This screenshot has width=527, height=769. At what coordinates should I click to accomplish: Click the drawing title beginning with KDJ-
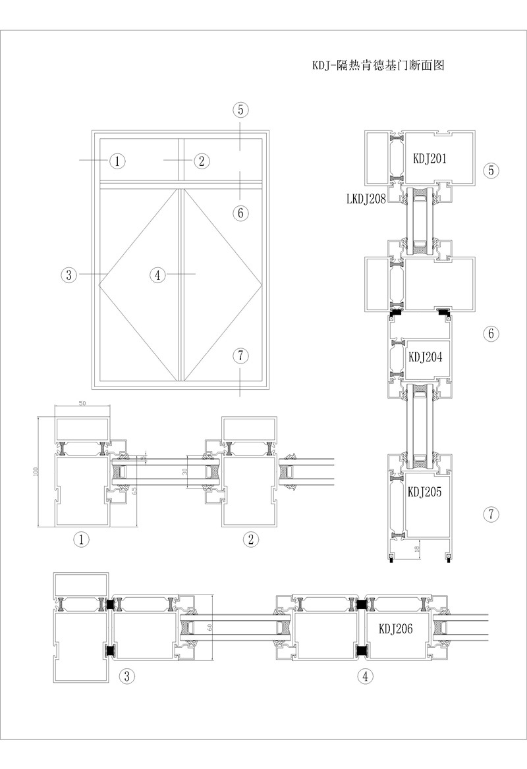380,66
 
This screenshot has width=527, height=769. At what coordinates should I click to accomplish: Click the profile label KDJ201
430,159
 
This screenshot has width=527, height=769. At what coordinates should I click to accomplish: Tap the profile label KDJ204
425,358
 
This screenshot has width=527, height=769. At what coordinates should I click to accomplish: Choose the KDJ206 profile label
395,629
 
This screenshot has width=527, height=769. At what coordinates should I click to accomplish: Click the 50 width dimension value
82,403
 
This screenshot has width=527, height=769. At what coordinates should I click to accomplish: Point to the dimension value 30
185,471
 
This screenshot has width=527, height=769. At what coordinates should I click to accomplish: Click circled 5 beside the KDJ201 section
491,171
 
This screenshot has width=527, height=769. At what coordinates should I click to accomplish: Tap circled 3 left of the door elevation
69,275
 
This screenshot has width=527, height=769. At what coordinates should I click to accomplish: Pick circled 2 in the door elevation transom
202,160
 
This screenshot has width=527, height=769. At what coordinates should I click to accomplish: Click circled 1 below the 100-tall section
82,541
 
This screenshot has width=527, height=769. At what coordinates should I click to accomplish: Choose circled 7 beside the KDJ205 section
491,514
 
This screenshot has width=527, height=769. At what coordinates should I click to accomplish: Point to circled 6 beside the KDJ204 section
491,334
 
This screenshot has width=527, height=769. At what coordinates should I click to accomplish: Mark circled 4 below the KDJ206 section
364,676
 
